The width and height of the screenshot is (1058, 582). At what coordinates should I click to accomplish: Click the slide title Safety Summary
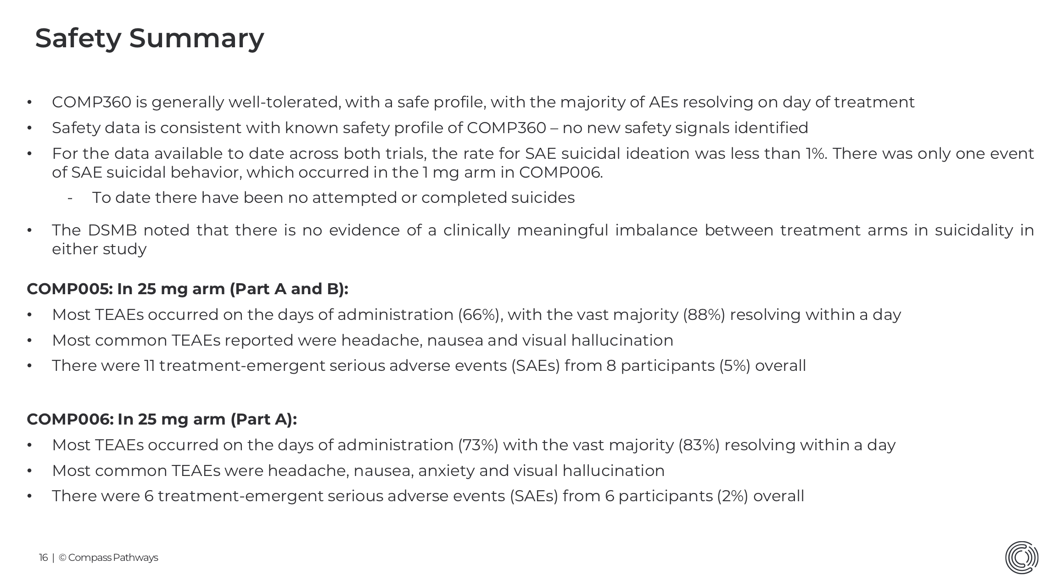click(149, 38)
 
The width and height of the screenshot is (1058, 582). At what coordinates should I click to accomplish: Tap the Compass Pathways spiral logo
click(1021, 557)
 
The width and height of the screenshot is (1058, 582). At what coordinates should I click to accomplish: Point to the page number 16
click(43, 558)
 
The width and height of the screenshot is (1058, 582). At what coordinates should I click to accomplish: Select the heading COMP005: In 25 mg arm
click(187, 289)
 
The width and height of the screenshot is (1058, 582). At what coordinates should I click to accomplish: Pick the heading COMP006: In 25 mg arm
click(162, 419)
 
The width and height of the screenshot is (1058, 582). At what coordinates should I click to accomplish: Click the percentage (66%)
click(478, 315)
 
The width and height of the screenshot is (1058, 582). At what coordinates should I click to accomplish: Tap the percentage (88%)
click(704, 315)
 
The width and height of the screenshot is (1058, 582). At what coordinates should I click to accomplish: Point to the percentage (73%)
click(478, 445)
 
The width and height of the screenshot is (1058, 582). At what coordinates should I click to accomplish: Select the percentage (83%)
click(699, 445)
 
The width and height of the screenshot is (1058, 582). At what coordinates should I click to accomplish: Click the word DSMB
click(112, 230)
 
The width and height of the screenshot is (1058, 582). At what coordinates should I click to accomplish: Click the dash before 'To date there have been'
click(70, 198)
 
